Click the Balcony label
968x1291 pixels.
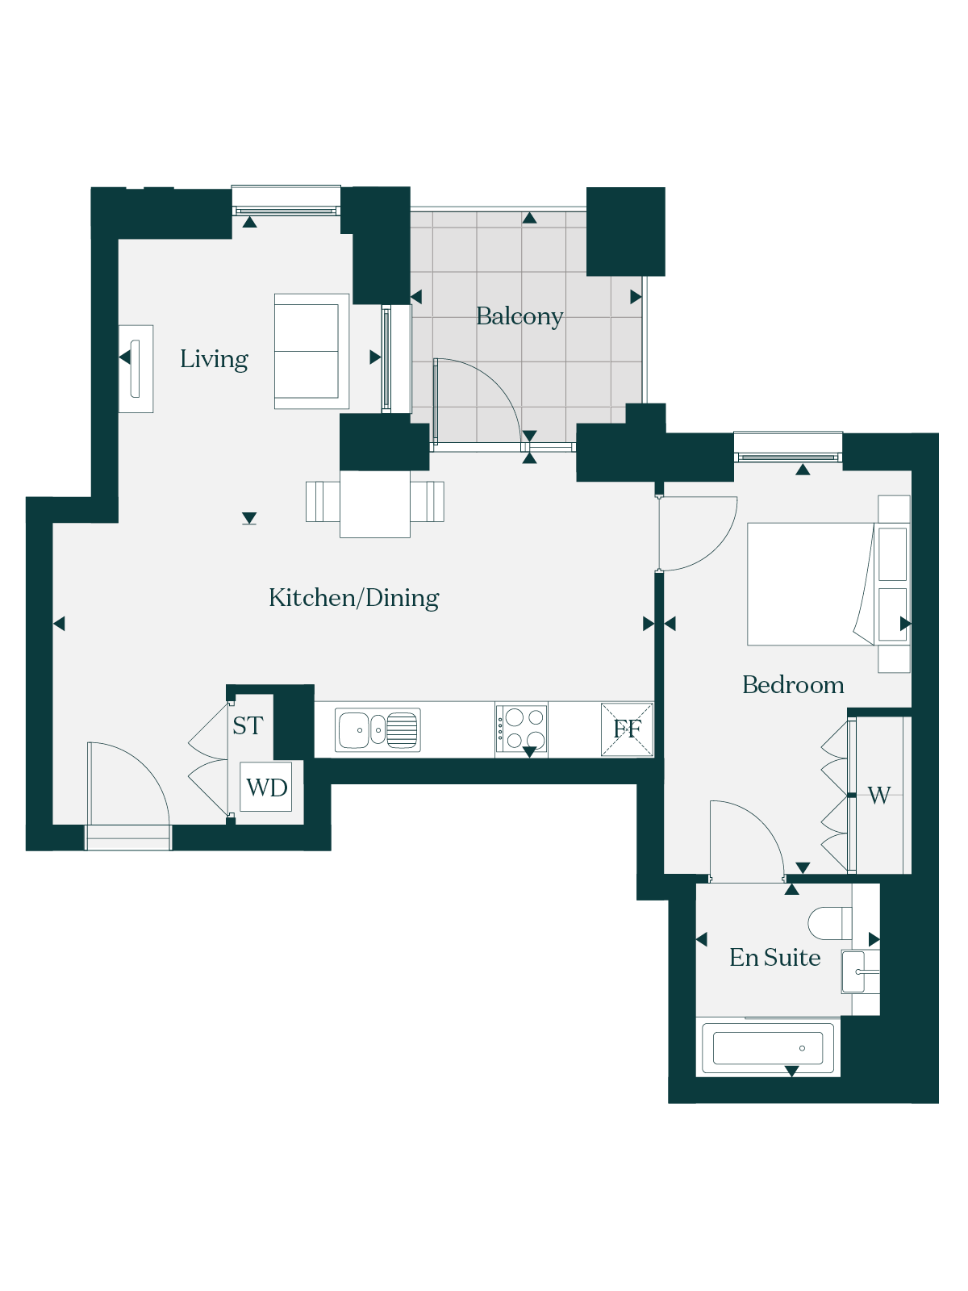click(519, 317)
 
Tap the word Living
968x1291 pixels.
click(214, 359)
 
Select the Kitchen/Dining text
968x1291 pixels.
click(354, 598)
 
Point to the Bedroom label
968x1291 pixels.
click(793, 685)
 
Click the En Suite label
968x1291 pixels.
click(774, 958)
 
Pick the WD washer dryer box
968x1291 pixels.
click(266, 787)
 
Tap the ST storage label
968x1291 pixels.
click(248, 725)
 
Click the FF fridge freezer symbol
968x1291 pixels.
click(627, 729)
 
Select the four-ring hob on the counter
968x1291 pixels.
click(521, 729)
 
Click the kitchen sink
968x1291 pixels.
click(378, 730)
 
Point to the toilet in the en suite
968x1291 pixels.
click(830, 923)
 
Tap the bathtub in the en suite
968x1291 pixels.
click(768, 1048)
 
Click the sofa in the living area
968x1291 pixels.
click(311, 352)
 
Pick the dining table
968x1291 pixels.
click(375, 504)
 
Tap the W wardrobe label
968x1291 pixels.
click(878, 796)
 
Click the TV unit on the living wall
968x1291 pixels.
click(136, 369)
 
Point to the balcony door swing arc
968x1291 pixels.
click(493, 387)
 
